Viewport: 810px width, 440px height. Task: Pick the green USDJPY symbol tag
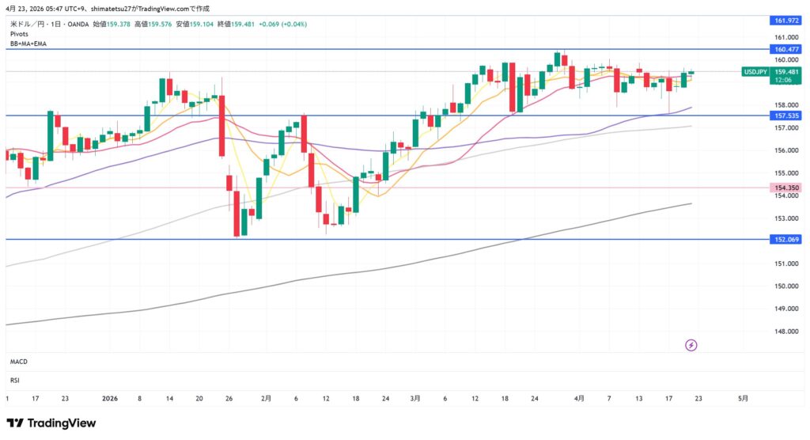(x=753, y=72)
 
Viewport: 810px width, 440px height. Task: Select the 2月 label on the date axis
(x=267, y=399)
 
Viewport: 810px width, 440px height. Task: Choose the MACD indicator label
(x=19, y=362)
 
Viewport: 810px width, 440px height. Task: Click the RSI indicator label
(x=15, y=379)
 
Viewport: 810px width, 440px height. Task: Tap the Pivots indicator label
(x=20, y=35)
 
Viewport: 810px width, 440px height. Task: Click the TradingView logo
(x=51, y=423)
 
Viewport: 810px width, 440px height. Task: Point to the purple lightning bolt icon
(x=691, y=345)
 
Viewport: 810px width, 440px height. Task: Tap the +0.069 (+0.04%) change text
(x=287, y=25)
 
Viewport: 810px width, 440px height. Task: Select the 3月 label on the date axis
(x=416, y=399)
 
